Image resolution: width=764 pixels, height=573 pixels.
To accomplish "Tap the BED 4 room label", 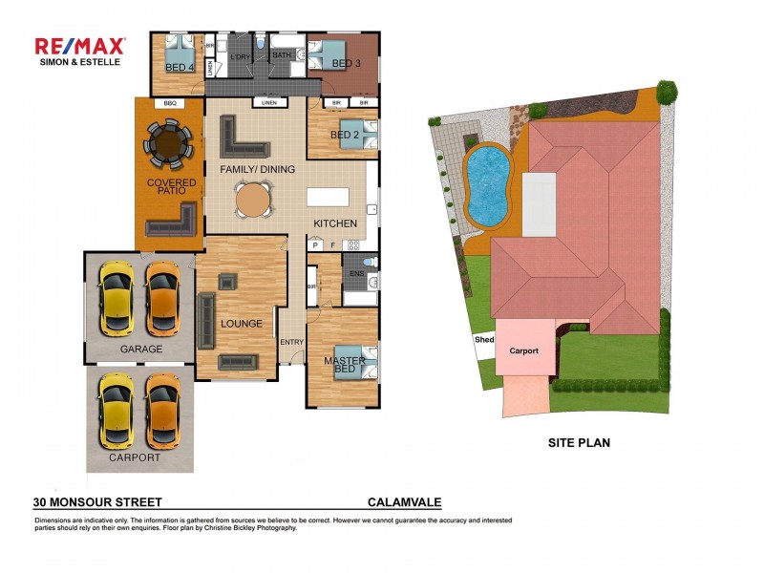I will click(180, 68).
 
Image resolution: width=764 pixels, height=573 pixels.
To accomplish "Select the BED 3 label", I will click(346, 64).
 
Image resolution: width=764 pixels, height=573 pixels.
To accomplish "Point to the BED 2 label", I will click(343, 135).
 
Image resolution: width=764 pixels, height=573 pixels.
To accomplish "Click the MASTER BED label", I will click(341, 365).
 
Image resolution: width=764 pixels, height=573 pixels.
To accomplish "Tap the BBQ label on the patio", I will click(170, 103).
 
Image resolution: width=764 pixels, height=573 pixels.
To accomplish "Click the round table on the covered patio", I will click(169, 144).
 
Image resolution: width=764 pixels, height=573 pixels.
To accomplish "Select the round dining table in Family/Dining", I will click(253, 202).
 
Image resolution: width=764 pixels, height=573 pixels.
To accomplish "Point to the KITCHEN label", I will click(336, 224).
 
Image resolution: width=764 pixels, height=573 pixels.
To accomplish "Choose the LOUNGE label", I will click(241, 324).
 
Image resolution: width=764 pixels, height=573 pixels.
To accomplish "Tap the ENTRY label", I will click(291, 342).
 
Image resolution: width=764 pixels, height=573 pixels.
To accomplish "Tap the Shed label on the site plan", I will click(484, 339).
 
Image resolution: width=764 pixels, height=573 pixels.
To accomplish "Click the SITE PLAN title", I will click(579, 442).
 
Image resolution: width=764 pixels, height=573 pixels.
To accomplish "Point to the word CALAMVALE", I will click(405, 501).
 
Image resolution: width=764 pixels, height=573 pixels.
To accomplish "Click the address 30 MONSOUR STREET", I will click(97, 501).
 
